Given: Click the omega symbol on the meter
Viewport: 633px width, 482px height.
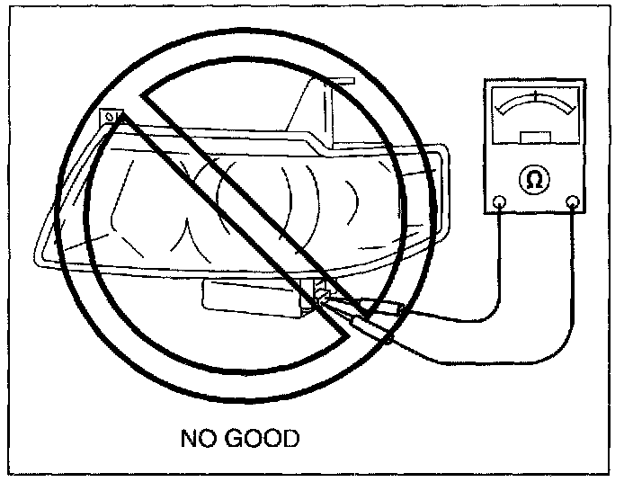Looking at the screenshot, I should pos(534,180).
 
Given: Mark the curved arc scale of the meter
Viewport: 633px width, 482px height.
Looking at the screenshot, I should pos(535,104).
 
